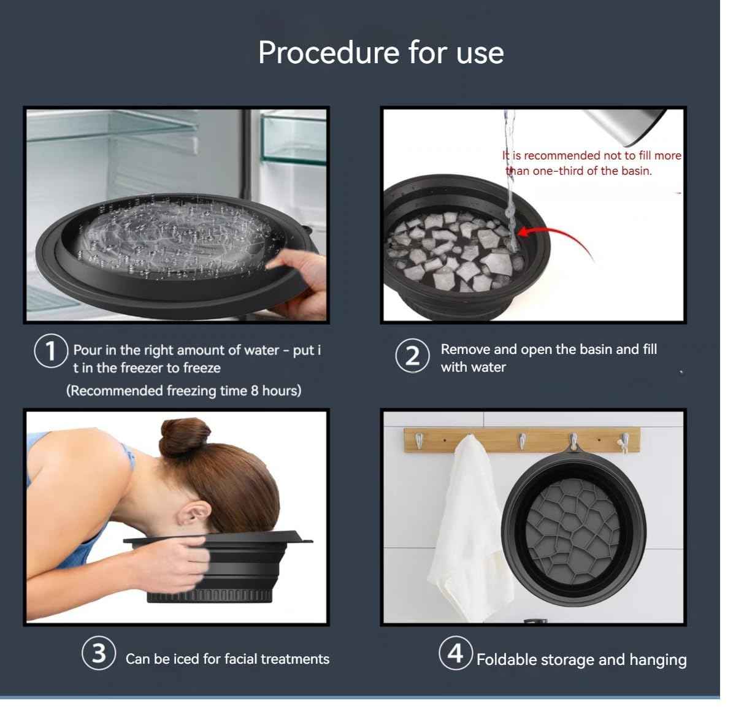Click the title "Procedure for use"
tap(380, 52)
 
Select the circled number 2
tap(412, 356)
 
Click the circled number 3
tap(99, 653)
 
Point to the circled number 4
tap(455, 653)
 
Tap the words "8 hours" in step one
tap(275, 391)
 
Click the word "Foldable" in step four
tap(504, 659)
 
